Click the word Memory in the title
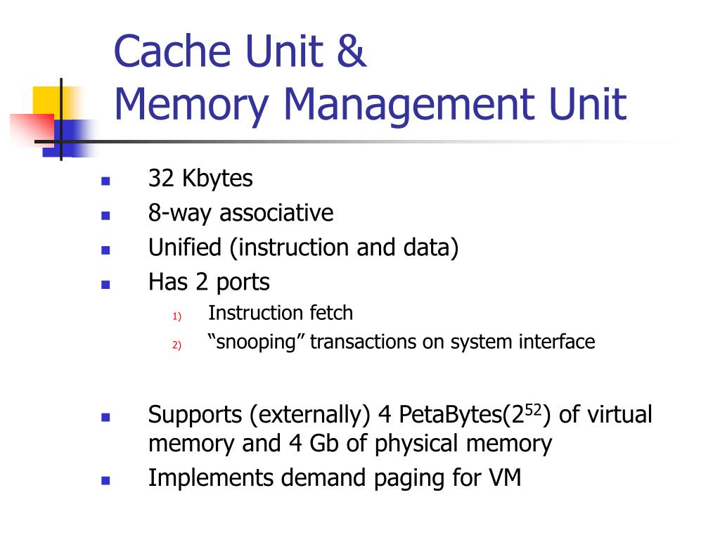[x=191, y=104]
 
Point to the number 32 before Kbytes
[x=161, y=179]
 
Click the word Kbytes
[x=217, y=179]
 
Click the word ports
[x=243, y=283]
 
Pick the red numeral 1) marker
[x=176, y=316]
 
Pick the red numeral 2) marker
[x=176, y=345]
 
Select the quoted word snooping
[x=257, y=342]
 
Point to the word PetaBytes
[x=450, y=415]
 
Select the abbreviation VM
[x=504, y=478]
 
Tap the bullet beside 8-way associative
[x=106, y=214]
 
